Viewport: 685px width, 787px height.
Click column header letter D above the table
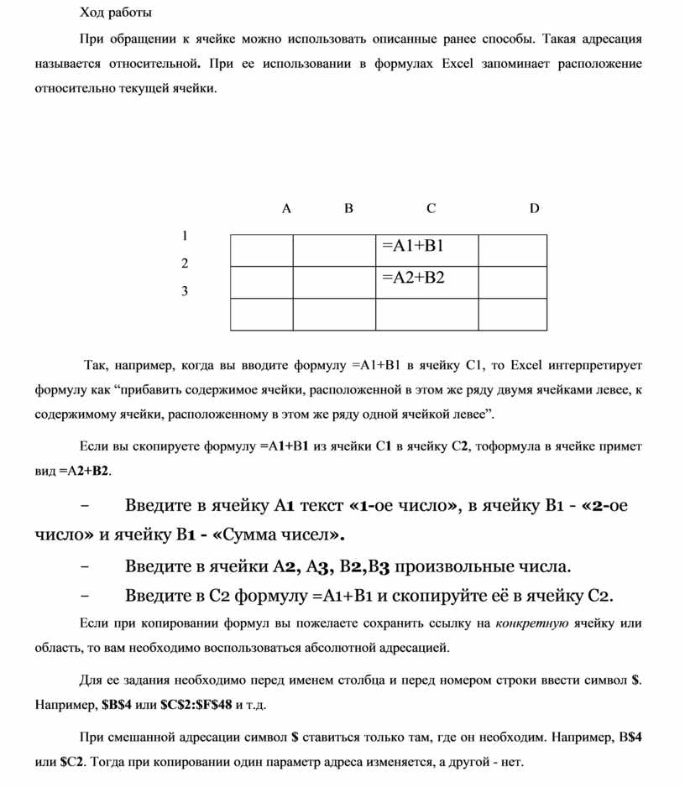point(534,208)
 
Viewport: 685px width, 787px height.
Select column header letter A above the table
point(286,208)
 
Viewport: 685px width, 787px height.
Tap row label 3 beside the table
point(185,291)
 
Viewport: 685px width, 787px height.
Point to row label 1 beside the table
point(185,236)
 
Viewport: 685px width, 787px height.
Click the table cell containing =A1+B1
point(426,250)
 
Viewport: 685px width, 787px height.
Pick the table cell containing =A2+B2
point(426,282)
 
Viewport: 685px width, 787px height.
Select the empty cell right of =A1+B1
point(512,250)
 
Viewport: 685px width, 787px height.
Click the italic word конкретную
point(532,623)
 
